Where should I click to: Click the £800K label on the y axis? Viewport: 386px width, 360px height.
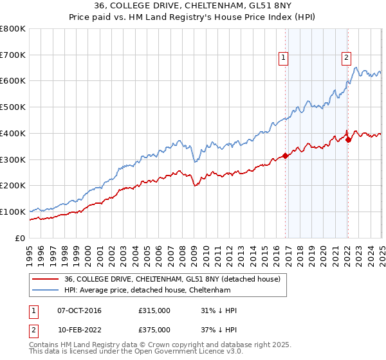[13, 29]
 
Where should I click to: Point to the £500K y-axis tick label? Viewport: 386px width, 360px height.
[13, 107]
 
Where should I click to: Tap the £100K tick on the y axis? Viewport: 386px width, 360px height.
[13, 212]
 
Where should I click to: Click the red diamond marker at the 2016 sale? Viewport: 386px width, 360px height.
[285, 156]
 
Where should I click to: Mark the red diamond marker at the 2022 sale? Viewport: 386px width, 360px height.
[348, 139]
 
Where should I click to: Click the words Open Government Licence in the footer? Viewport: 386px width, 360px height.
[160, 352]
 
